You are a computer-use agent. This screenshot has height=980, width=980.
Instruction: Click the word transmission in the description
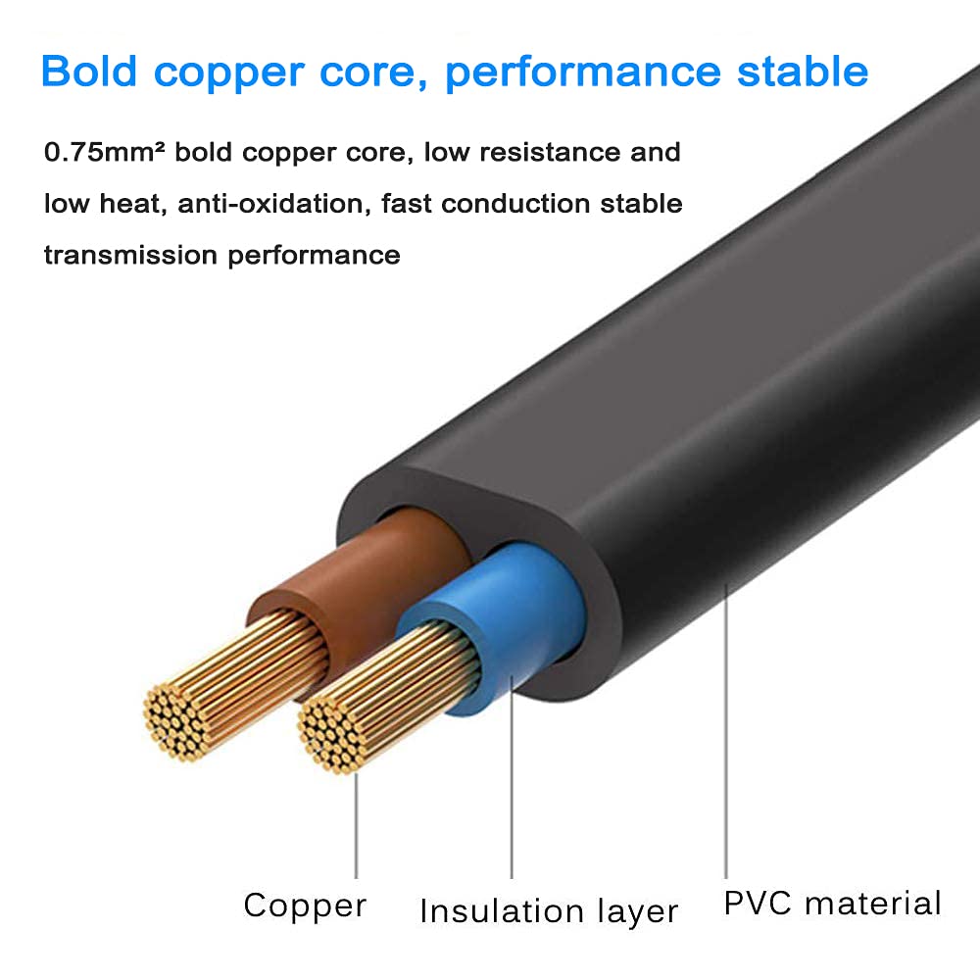(x=130, y=255)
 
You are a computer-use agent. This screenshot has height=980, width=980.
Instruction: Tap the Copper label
(x=305, y=905)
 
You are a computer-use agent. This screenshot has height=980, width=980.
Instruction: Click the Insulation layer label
(x=549, y=911)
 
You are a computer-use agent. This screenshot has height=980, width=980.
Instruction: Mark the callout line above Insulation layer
(x=512, y=784)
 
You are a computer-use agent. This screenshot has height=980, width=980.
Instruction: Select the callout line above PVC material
(x=726, y=735)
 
